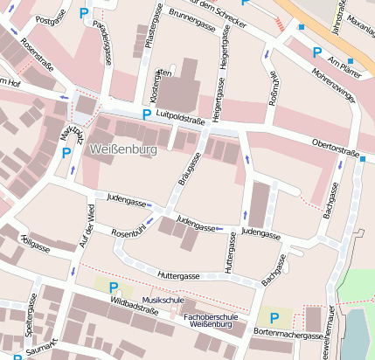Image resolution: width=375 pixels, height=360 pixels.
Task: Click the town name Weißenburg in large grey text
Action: [x=122, y=150]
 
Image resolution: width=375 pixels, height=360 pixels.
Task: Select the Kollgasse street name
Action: [x=33, y=242]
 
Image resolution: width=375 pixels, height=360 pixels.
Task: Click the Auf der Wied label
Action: [x=87, y=225]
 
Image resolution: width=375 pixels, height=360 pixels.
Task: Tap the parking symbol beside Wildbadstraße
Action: [x=112, y=287]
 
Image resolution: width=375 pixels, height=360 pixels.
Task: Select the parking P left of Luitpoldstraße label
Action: [x=146, y=114]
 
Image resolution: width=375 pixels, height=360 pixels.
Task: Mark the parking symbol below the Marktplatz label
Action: [x=66, y=153]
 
